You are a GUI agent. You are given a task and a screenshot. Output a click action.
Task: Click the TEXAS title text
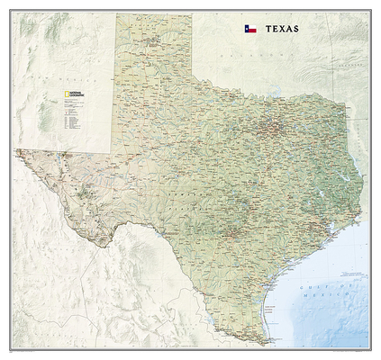coord(279,28)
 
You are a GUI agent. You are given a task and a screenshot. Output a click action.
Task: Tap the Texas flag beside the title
coord(249,28)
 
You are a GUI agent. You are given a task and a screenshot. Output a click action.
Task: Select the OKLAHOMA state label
coord(270,54)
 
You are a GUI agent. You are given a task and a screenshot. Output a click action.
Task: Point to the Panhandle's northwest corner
coord(114,14)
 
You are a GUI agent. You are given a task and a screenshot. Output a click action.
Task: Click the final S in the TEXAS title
coord(296,28)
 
